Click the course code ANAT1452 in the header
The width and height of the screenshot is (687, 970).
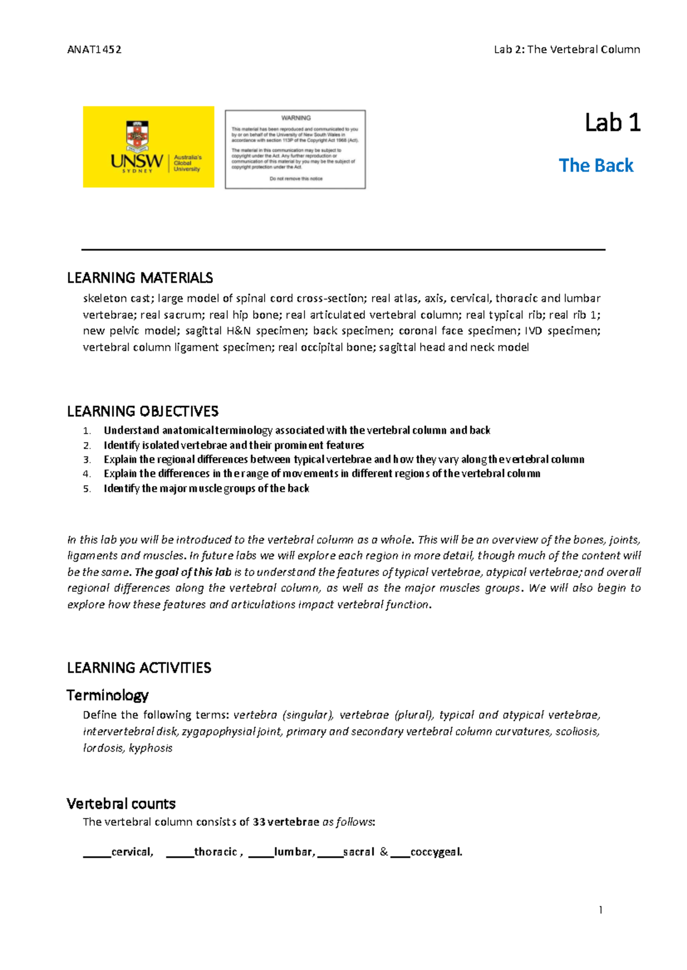(x=94, y=50)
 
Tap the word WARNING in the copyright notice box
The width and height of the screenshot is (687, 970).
(x=296, y=118)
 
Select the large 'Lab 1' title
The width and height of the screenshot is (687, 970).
(x=612, y=123)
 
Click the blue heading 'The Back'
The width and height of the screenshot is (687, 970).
(x=596, y=166)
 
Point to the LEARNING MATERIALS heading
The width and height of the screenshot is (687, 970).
(x=140, y=278)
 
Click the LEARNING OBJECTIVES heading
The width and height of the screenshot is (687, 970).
(x=143, y=411)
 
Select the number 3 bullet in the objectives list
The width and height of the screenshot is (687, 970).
(x=86, y=460)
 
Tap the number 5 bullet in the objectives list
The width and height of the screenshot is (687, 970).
(x=86, y=489)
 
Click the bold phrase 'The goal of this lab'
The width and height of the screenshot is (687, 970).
(x=183, y=572)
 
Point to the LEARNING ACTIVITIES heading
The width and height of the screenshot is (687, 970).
(x=139, y=667)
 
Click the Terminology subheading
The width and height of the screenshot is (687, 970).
(x=107, y=695)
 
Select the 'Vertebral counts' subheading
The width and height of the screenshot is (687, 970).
(x=121, y=804)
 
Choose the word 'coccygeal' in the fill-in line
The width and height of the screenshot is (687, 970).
(x=436, y=852)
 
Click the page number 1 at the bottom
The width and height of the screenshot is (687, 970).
(x=600, y=910)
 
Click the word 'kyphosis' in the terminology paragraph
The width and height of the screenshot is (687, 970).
(x=151, y=748)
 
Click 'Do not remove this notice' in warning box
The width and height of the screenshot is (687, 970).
(x=296, y=178)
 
